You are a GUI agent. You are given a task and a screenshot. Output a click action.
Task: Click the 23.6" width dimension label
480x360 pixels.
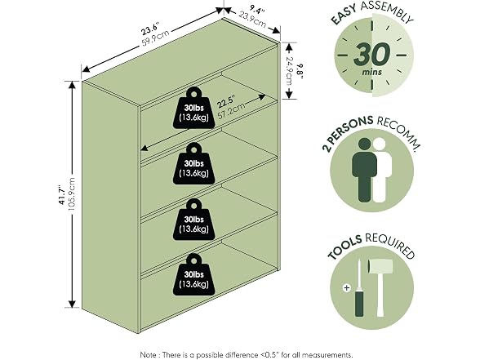[x=149, y=30]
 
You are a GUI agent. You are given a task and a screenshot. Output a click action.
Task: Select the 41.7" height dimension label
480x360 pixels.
[x=62, y=194]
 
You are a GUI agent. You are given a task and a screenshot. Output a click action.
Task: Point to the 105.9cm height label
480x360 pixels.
[x=71, y=194]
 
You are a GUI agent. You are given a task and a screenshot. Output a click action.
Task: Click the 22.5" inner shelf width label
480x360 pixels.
[x=225, y=103]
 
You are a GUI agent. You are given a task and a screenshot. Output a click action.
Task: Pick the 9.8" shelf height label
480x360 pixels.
[x=300, y=71]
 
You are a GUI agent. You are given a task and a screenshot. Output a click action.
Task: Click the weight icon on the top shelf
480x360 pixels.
[x=193, y=108]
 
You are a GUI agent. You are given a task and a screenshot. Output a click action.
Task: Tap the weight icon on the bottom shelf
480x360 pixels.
[x=193, y=274]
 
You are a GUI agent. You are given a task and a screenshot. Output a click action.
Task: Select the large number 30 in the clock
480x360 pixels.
[x=371, y=55]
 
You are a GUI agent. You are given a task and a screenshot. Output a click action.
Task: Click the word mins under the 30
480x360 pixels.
[x=372, y=73]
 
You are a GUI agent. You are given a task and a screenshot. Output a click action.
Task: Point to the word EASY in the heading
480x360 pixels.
[x=344, y=15]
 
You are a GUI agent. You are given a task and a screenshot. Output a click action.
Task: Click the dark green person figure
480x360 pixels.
[x=364, y=170]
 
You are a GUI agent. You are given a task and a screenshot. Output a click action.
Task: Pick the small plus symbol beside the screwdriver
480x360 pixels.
[x=346, y=287]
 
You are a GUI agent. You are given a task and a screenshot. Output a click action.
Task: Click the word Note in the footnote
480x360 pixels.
[x=149, y=355]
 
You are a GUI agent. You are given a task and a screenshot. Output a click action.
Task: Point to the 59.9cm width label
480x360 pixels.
[x=155, y=38]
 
